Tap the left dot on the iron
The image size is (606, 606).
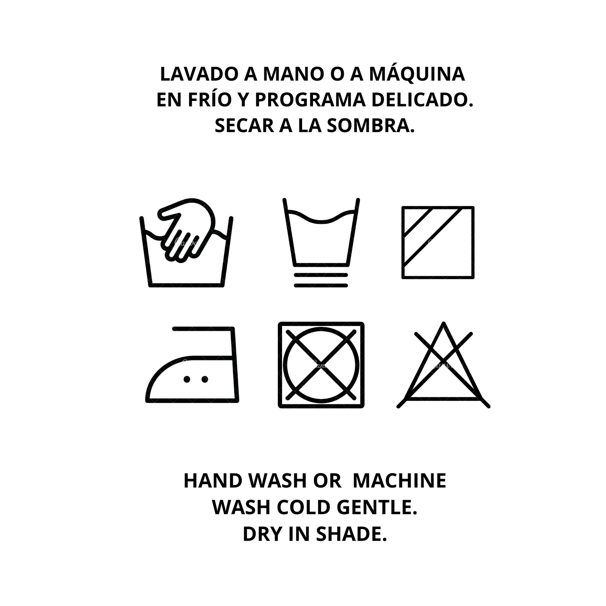187,380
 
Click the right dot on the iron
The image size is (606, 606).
205,380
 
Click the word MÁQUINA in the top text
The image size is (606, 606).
417,74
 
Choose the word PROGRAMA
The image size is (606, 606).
310,100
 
